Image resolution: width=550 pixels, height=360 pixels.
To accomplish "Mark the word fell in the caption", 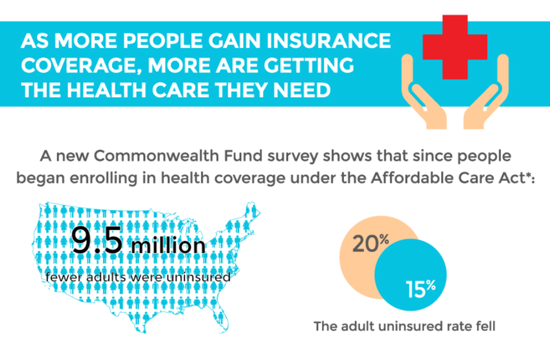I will click(x=485, y=326).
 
